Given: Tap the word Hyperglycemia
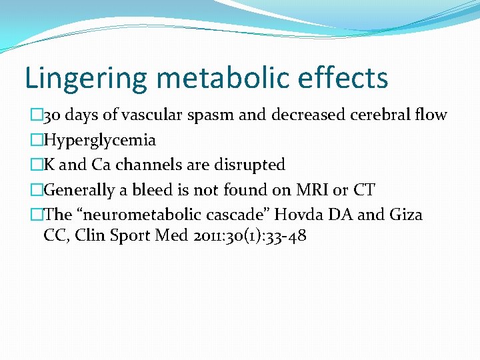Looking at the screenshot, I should pos(99,140).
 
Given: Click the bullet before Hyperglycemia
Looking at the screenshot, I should pos(36,140).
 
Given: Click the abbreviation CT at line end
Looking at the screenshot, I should pos(364,190).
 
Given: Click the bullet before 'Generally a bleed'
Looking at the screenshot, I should pos(36,190).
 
